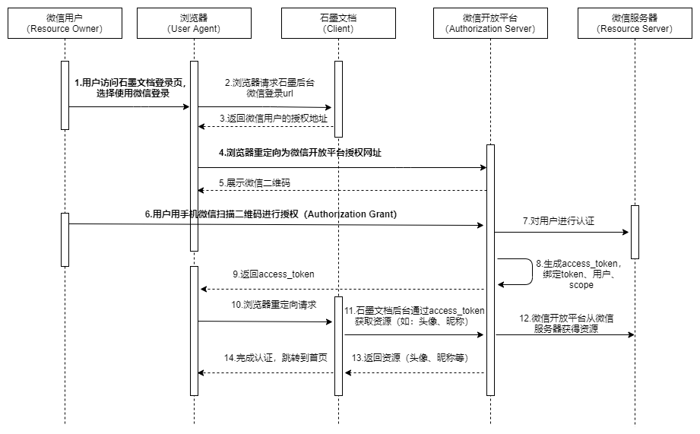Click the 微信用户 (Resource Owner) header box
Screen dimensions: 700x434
tap(65, 24)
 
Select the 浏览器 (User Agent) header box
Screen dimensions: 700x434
tap(194, 24)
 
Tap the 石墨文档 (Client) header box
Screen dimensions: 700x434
tap(338, 24)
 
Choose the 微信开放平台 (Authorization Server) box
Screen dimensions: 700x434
tap(490, 24)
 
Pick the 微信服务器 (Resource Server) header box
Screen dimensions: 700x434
tap(635, 24)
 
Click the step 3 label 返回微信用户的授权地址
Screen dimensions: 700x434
tap(273, 119)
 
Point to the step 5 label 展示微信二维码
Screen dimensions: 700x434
tap(255, 183)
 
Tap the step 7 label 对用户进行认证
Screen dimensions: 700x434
tap(559, 221)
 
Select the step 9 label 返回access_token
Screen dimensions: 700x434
tap(273, 274)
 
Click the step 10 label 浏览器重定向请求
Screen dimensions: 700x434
tap(274, 305)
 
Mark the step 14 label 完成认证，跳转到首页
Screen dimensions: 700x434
tap(275, 358)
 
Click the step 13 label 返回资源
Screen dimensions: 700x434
tap(410, 358)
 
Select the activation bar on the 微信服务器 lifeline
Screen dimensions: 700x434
tap(635, 232)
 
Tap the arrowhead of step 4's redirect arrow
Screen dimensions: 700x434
tap(483, 168)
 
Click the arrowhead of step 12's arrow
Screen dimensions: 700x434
tap(632, 335)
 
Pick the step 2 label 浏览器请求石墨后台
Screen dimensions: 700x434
tap(270, 83)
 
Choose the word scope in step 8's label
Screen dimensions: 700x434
tap(581, 285)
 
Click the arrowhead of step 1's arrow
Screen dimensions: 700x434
tap(187, 106)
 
